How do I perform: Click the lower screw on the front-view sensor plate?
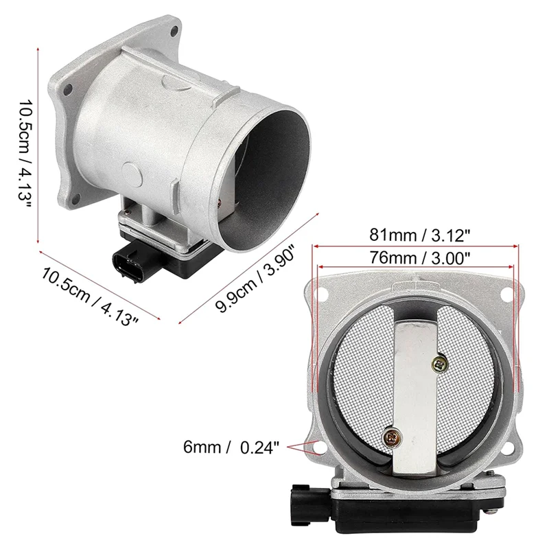(393, 435)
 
